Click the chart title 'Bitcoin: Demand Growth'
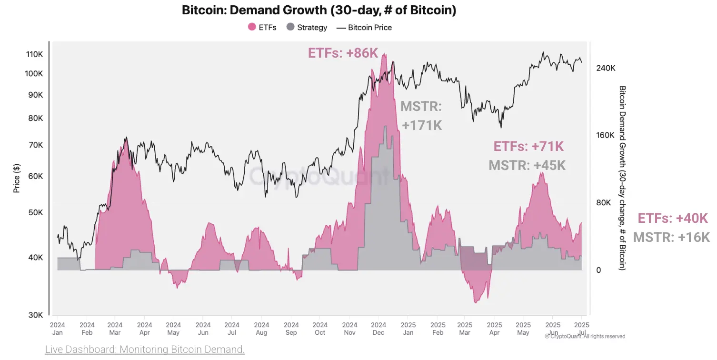click(319, 10)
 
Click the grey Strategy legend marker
click(290, 28)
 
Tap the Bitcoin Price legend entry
click(364, 28)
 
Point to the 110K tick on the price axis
click(34, 54)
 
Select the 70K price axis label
click(35, 145)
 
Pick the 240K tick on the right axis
click(606, 68)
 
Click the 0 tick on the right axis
click(599, 270)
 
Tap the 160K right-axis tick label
click(606, 136)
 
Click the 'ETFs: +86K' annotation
click(343, 53)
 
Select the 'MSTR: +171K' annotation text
click(421, 116)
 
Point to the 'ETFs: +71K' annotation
click(528, 147)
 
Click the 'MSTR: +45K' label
click(527, 165)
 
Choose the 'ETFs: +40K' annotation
click(673, 219)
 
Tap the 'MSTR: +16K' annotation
click(671, 237)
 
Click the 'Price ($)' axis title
click(17, 178)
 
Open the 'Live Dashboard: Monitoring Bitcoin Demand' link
click(145, 350)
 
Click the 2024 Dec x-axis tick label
click(378, 329)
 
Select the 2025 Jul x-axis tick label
click(582, 329)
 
